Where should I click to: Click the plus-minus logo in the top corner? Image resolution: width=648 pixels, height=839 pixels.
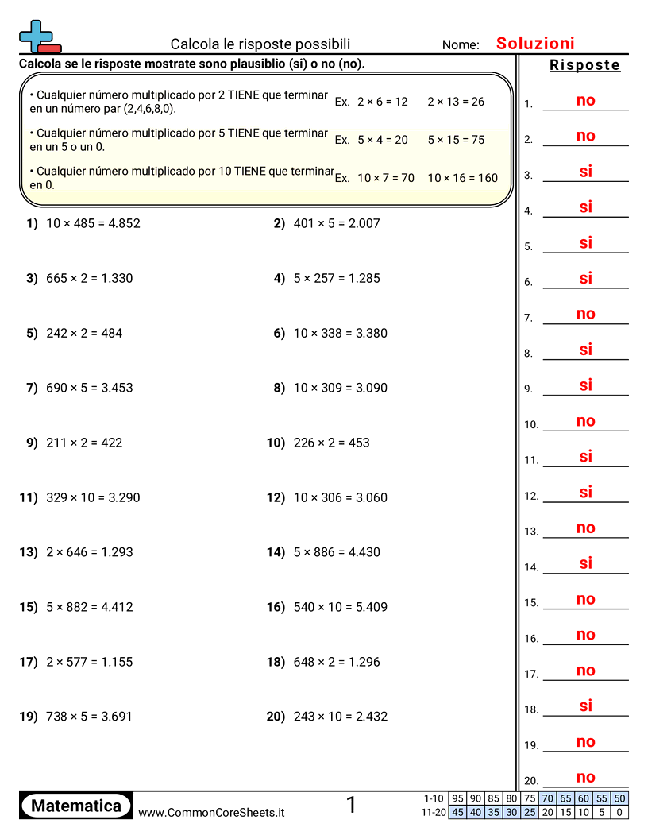coord(39,37)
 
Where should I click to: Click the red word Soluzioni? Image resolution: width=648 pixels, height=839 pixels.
coord(535,44)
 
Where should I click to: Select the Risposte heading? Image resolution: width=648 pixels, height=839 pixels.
coord(584,65)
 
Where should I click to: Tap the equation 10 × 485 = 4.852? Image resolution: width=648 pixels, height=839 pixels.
coord(93,223)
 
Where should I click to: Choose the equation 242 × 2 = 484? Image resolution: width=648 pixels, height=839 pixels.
coord(84,333)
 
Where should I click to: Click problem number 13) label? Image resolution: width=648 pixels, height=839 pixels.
coord(29,552)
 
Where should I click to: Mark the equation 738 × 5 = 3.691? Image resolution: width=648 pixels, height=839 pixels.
coord(89,717)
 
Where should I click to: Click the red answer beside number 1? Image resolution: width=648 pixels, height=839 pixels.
coord(585,100)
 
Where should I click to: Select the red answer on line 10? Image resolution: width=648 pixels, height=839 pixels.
coord(585,421)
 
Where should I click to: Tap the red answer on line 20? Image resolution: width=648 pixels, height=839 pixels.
coord(585,778)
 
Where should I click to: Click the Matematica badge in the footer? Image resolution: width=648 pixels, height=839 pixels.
coord(76,806)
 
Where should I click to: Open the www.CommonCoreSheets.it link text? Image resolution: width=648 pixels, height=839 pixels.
coord(211,812)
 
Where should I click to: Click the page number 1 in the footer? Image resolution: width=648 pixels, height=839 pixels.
coord(351,806)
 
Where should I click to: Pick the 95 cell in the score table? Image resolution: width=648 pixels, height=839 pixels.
coord(457,798)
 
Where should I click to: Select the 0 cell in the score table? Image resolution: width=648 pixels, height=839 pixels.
coord(620,812)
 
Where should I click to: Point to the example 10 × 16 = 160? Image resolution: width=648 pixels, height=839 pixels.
coord(462,178)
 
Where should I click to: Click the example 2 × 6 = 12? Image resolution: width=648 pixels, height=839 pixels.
coord(382,102)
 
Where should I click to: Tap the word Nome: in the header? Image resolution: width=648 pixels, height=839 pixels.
coord(461,45)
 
